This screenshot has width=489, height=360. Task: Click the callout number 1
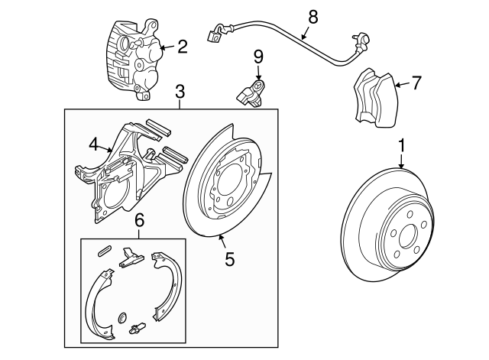pyautogui.click(x=401, y=143)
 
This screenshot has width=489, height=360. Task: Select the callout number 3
pyautogui.click(x=180, y=92)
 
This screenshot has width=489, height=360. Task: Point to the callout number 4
pyautogui.click(x=92, y=143)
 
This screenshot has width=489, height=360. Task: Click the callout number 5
pyautogui.click(x=229, y=259)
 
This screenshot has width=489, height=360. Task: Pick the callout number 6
pyautogui.click(x=138, y=220)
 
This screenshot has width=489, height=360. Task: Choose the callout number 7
pyautogui.click(x=416, y=83)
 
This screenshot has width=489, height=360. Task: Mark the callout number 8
pyautogui.click(x=311, y=15)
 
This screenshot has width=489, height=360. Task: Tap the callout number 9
pyautogui.click(x=258, y=57)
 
